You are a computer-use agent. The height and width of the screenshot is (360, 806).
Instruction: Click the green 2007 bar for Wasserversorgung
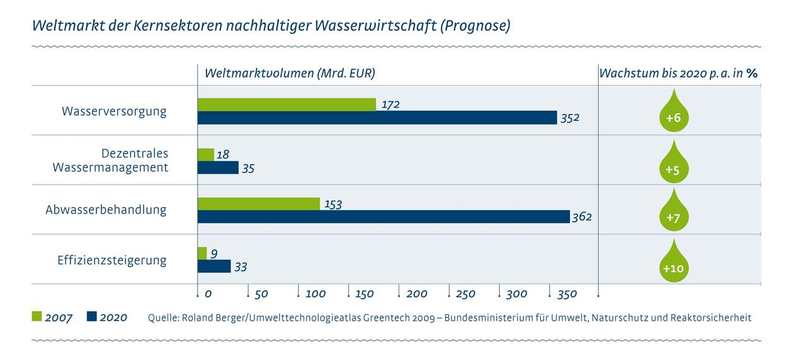287,104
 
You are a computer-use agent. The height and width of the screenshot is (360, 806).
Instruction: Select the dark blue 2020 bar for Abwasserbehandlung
383,217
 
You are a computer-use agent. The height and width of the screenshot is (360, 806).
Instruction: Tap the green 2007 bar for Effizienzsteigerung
202,253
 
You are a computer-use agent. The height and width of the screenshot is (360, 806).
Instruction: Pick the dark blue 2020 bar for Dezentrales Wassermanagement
218,167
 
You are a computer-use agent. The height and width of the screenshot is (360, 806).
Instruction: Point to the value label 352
570,118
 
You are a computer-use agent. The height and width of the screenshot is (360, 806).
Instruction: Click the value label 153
332,204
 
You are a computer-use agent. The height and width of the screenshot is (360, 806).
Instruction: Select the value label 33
240,267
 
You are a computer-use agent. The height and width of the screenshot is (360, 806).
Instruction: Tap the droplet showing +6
673,114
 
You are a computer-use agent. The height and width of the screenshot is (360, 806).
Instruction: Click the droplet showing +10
673,264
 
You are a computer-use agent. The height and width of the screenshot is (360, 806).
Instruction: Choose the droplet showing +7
673,214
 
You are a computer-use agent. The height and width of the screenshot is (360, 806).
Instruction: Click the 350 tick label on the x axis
568,294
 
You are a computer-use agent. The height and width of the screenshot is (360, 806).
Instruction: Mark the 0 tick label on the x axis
208,294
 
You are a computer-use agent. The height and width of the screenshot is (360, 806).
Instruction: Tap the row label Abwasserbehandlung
106,210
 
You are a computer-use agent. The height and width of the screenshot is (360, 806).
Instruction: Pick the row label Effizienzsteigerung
112,260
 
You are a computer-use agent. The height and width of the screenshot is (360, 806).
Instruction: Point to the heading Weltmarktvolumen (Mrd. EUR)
290,73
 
